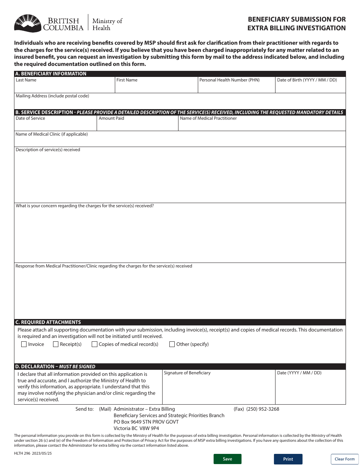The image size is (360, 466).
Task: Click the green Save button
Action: pos(227,459)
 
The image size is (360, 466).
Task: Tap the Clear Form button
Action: pos(344,459)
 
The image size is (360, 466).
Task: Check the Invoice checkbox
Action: pos(24,344)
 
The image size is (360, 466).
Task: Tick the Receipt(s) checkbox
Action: pos(56,344)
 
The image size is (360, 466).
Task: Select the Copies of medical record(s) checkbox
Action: pos(95,344)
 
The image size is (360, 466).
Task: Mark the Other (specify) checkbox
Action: pos(172,344)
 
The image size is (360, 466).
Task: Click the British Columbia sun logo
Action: pos(27,23)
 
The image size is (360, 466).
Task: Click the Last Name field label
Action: pos(26,80)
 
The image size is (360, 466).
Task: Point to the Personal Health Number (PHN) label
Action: pos(229,80)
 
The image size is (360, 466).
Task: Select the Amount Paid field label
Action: pos(111,118)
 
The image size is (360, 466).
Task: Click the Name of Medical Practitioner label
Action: pos(208,118)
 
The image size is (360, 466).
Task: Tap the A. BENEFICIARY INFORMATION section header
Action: pos(51,74)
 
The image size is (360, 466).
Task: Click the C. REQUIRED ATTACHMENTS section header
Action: pos(48,322)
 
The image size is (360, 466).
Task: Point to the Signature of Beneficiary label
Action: pos(187,373)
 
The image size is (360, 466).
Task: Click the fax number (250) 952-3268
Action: pos(263,409)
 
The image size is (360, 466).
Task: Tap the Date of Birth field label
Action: pos(307,80)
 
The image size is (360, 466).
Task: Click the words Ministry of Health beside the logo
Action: pos(107,24)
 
